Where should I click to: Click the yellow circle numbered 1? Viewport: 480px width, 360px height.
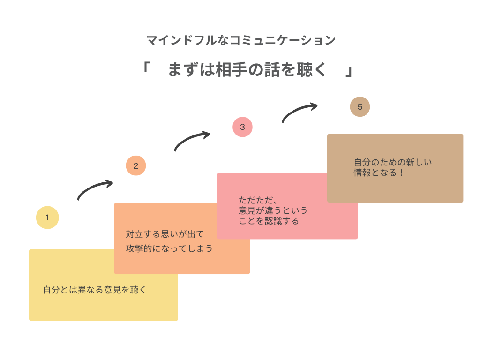[x=47, y=217]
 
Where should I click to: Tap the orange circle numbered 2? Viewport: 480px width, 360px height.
[x=136, y=165]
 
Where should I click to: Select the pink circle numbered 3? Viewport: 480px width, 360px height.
[x=242, y=127]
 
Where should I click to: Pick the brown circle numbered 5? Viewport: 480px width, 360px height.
[x=360, y=107]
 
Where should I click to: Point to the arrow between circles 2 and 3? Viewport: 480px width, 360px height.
[x=192, y=140]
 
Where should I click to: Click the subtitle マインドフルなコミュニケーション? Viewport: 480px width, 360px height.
[x=241, y=40]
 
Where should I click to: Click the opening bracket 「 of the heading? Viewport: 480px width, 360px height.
[x=145, y=68]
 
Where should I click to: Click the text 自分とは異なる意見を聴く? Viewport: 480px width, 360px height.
[x=95, y=290]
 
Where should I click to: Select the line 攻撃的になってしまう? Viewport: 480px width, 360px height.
[x=169, y=248]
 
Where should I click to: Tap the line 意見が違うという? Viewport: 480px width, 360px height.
[x=273, y=210]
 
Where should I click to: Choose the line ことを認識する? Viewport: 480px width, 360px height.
[x=269, y=221]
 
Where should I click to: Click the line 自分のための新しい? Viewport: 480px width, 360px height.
[x=393, y=162]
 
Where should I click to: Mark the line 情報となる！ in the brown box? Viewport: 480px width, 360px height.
[x=379, y=173]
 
